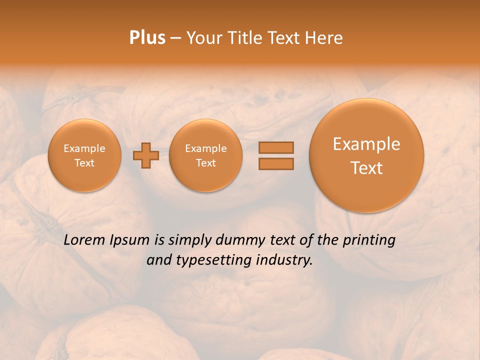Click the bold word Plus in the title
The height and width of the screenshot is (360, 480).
pyautogui.click(x=147, y=38)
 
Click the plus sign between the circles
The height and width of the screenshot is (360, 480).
pyautogui.click(x=146, y=155)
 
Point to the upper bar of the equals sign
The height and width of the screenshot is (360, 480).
pyautogui.click(x=276, y=147)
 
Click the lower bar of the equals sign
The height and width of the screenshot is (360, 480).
pyautogui.click(x=276, y=163)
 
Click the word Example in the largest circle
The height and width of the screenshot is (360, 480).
pyautogui.click(x=366, y=144)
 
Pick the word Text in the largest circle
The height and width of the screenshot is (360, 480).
pyautogui.click(x=366, y=168)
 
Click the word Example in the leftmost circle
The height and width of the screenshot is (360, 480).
pyautogui.click(x=84, y=148)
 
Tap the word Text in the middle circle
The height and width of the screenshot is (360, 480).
pyautogui.click(x=205, y=163)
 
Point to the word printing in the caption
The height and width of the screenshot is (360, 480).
pyautogui.click(x=369, y=240)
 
